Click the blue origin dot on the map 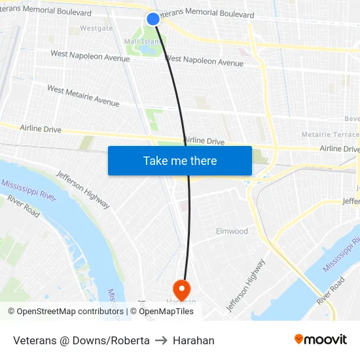tap(153, 19)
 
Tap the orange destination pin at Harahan tap(181, 289)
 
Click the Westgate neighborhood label tap(96, 29)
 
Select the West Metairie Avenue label tap(83, 96)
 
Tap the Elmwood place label tap(232, 231)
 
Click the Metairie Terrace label tap(330, 134)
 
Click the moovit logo tap(321, 340)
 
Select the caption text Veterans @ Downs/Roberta tap(81, 340)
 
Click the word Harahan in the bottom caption tap(194, 340)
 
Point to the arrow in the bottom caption tap(161, 340)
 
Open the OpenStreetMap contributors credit tap(65, 312)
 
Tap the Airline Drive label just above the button tap(204, 141)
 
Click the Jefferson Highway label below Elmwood tap(246, 285)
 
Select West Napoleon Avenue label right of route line tap(204, 62)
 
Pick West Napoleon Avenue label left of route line tap(90, 56)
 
